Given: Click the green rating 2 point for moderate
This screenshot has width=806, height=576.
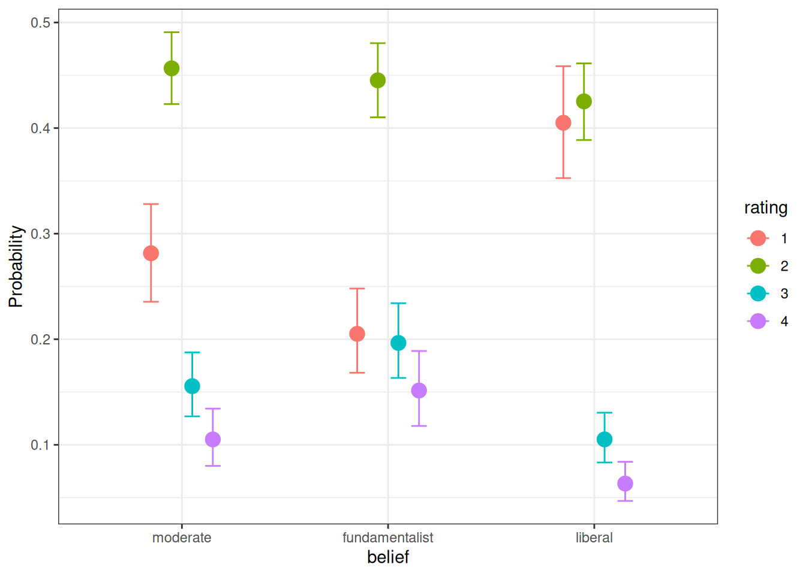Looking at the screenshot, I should (172, 68).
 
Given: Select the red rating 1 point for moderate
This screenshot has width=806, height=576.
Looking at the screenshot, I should (151, 253).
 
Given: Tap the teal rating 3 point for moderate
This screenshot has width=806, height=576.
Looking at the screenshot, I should (192, 386).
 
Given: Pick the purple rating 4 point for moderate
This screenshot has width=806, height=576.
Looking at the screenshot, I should (213, 439).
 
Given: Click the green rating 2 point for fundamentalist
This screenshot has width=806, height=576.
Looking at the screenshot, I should (378, 80).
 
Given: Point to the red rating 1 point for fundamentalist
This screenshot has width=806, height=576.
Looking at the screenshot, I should (357, 334).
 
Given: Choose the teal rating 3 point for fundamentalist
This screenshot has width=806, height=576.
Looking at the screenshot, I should (398, 343).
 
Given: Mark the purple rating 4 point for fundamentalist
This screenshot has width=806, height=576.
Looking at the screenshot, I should (419, 391).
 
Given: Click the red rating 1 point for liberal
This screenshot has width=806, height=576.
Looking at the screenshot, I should (563, 123).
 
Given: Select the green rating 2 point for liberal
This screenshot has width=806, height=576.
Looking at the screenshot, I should (584, 101).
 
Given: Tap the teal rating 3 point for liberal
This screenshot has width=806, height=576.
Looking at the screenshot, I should (604, 439).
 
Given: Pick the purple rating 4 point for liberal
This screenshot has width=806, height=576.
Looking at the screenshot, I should (625, 483).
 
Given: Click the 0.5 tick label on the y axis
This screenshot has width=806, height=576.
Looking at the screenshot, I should (41, 23).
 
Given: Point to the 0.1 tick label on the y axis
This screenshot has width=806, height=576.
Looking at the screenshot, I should (41, 445).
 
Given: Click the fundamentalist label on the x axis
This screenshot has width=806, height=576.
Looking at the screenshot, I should (388, 538).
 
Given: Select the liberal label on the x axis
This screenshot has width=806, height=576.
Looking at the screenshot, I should (594, 538).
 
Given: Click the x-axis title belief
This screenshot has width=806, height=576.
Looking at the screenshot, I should (388, 557).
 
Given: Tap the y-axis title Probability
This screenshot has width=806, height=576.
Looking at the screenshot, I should (16, 266).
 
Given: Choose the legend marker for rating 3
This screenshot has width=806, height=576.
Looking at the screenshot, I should (758, 293).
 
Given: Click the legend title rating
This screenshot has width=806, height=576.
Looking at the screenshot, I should (766, 208).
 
